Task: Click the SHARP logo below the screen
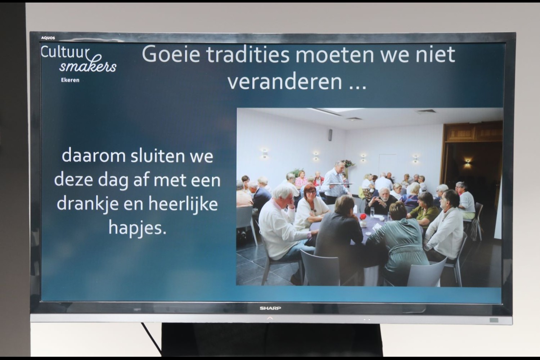click(x=270, y=308)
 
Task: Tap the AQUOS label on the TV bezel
click(x=48, y=38)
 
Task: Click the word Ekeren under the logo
click(x=70, y=80)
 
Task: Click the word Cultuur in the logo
click(x=65, y=52)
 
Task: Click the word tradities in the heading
click(x=248, y=54)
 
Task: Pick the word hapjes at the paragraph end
click(x=138, y=228)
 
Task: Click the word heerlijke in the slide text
click(x=183, y=204)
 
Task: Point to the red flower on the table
click(x=363, y=216)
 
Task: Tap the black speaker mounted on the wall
click(x=330, y=135)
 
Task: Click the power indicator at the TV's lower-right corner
click(x=494, y=320)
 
